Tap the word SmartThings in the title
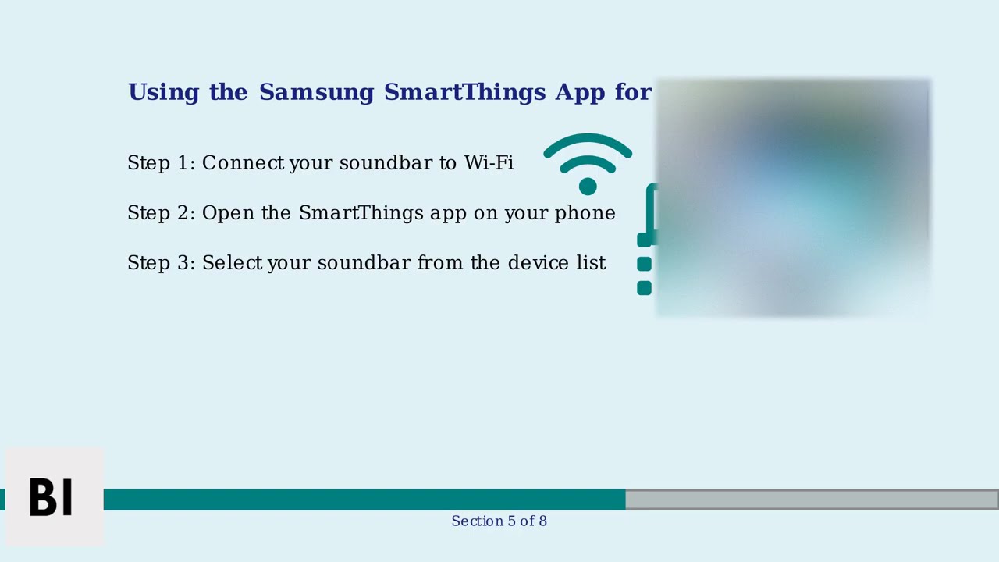(464, 92)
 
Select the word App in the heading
(580, 92)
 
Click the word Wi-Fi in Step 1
(489, 163)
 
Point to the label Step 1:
(161, 163)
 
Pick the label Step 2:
(161, 213)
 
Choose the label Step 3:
(161, 263)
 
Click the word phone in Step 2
(585, 213)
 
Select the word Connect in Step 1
(243, 163)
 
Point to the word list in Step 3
(591, 263)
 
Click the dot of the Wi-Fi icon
(588, 186)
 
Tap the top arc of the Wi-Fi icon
(588, 141)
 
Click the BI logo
(52, 497)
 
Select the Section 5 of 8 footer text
(499, 521)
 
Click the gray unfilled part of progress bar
(812, 500)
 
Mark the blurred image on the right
(793, 198)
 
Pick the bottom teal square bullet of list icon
(644, 288)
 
